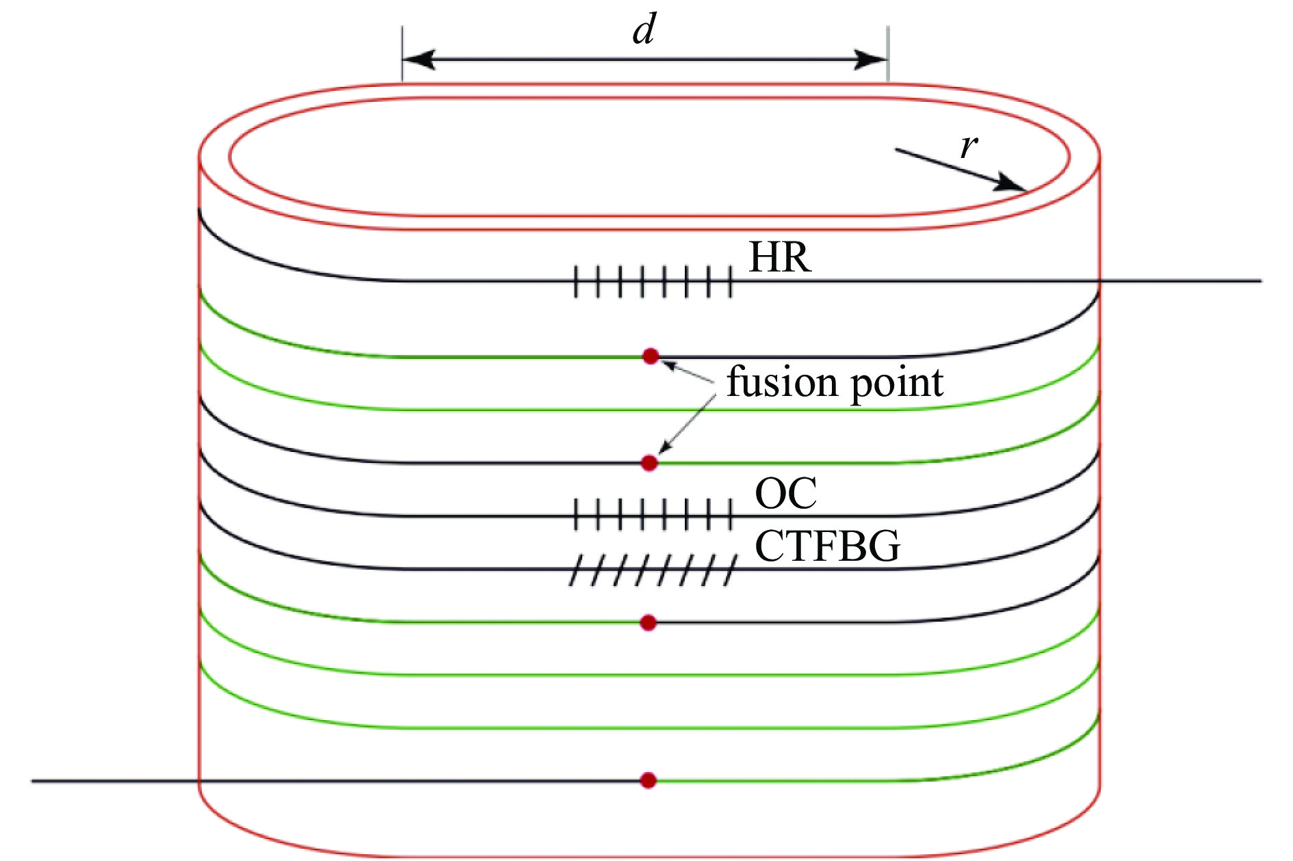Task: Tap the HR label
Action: tap(780, 258)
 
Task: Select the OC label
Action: tap(785, 493)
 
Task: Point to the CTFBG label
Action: tap(827, 546)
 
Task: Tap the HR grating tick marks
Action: tap(653, 281)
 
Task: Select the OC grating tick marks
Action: tap(653, 515)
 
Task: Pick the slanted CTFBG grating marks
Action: tap(653, 570)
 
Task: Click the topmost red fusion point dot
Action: tap(651, 356)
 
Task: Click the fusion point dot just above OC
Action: tap(650, 463)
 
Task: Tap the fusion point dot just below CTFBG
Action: tap(649, 623)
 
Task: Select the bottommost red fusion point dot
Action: tap(648, 780)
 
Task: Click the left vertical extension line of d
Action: tap(402, 55)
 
